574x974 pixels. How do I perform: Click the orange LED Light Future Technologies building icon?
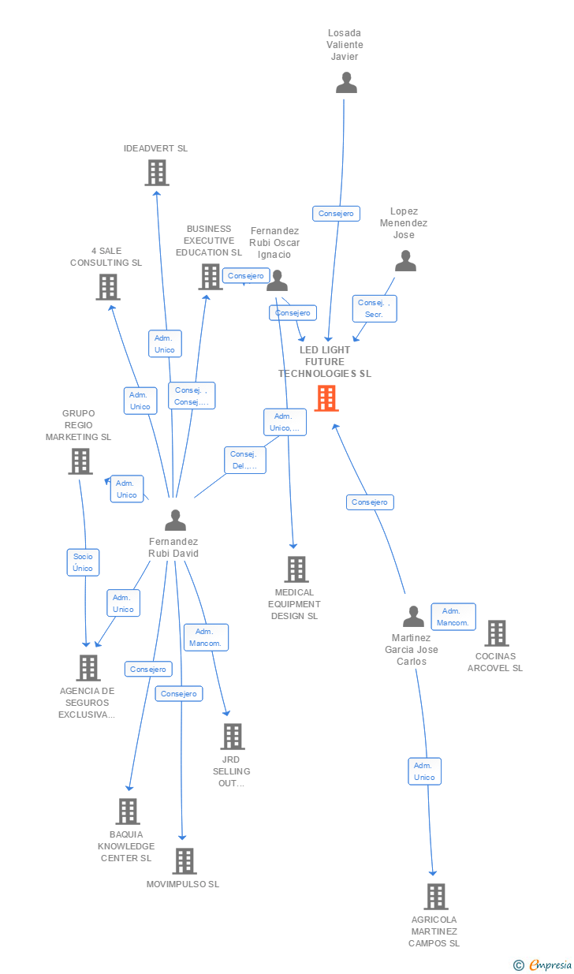pos(326,398)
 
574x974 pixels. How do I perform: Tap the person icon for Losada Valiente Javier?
pos(346,83)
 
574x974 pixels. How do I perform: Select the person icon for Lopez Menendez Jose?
pos(405,261)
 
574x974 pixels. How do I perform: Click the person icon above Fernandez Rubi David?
pos(175,520)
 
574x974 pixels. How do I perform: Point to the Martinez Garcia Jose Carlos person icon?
pos(413,617)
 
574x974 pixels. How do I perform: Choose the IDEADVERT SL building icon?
pos(157,172)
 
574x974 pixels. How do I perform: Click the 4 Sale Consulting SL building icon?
pos(108,287)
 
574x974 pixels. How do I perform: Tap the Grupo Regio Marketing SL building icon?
pos(80,461)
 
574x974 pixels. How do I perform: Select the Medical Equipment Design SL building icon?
pos(296,569)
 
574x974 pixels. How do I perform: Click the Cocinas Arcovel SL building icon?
pos(496,633)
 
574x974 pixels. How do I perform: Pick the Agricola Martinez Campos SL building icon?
pos(435,897)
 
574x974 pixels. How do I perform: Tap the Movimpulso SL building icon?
pos(184,861)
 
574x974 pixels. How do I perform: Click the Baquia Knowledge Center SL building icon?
pos(128,812)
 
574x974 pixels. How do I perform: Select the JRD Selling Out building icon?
pos(232,737)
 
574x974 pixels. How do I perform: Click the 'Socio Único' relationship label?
pos(83,562)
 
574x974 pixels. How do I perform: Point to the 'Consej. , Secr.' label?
pos(375,308)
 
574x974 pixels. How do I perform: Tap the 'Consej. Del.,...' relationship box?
pos(244,460)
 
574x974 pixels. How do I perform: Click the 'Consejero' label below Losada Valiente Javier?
pos(337,213)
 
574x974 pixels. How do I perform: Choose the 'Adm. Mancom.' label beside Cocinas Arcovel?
pos(453,617)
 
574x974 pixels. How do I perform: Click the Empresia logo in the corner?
pos(543,965)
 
